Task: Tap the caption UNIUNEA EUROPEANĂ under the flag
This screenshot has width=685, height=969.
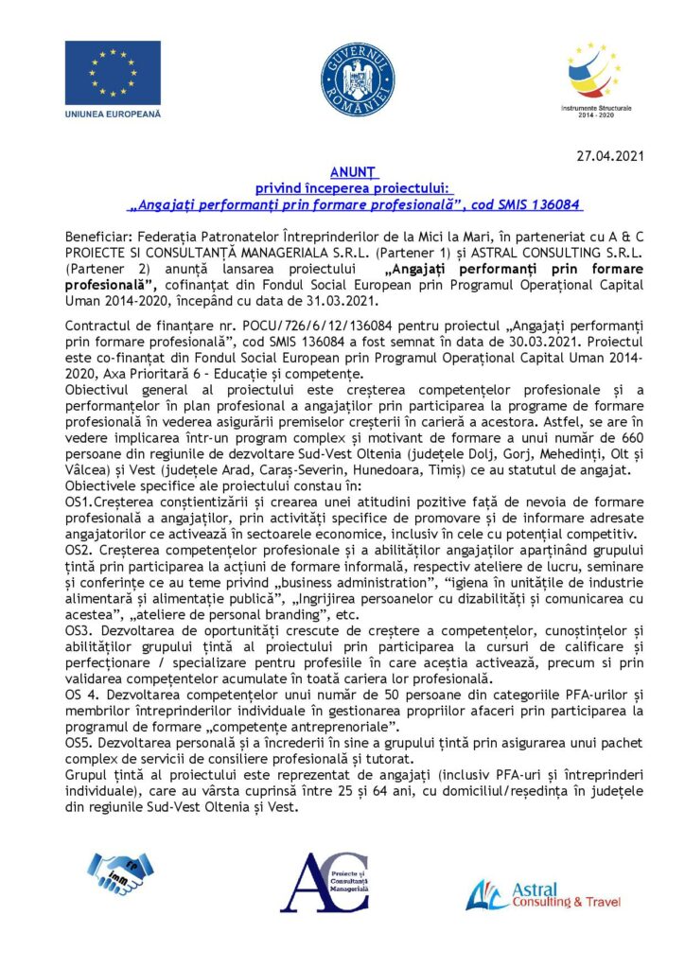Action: (113, 114)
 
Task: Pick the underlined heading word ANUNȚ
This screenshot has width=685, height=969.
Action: (353, 173)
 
